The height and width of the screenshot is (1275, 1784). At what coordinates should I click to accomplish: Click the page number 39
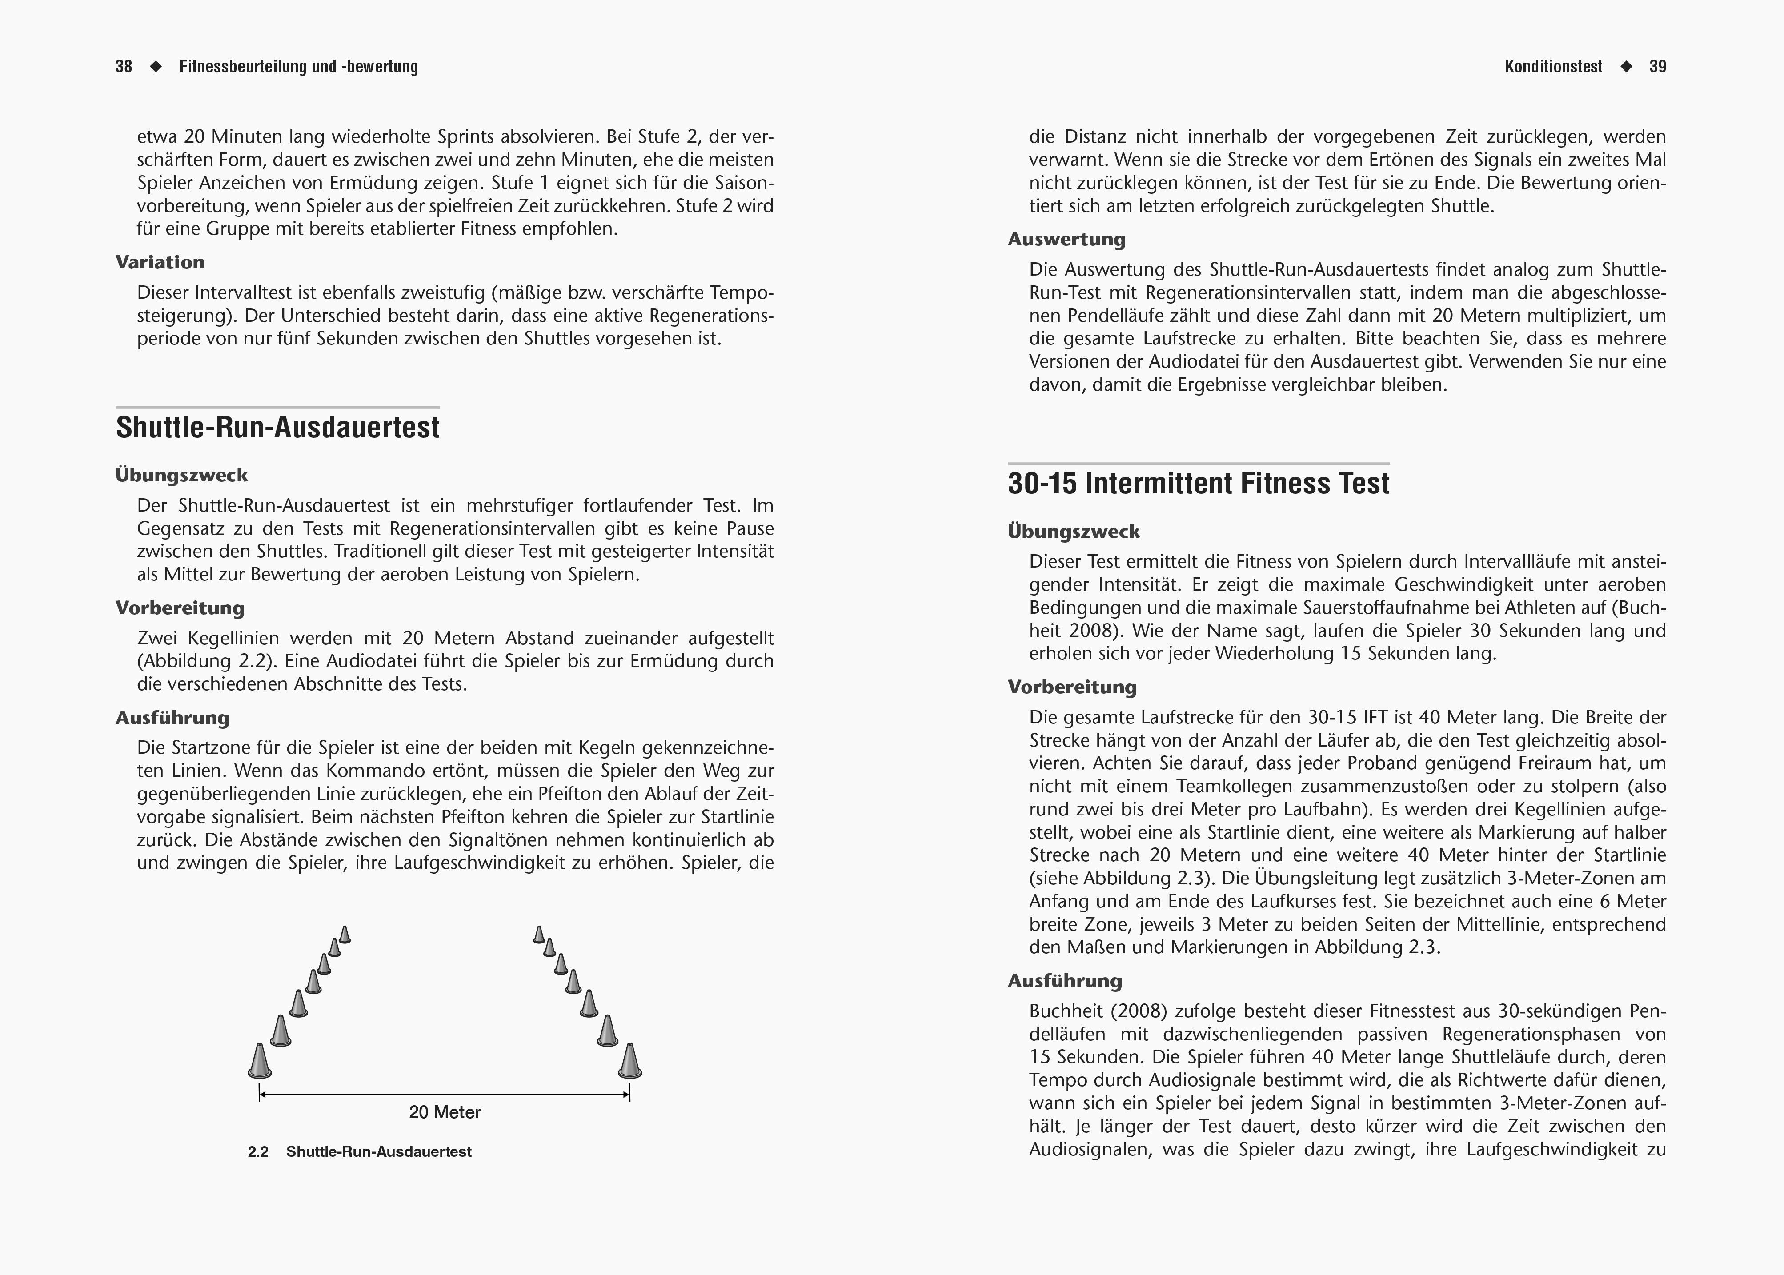point(1658,67)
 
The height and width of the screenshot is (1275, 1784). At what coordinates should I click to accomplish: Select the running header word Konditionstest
point(1553,67)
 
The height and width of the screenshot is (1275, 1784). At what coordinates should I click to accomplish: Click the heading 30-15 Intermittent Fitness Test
point(1198,483)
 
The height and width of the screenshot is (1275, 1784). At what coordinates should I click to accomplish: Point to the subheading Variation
point(160,262)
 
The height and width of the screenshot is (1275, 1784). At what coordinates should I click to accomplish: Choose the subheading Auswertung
point(1066,240)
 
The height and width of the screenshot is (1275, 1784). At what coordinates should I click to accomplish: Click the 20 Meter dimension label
point(445,1112)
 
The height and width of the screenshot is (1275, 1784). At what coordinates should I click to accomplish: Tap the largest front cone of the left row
point(259,1061)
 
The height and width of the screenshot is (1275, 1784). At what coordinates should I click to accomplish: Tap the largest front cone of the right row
point(630,1061)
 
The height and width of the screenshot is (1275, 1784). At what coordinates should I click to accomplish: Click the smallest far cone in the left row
point(345,935)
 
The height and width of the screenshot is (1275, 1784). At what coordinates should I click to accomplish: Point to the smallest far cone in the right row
point(539,935)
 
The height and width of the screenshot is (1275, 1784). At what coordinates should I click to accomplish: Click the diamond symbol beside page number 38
point(156,67)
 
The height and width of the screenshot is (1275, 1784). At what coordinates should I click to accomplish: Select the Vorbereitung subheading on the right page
point(1072,688)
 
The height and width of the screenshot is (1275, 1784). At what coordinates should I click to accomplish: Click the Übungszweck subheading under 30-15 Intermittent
point(1074,532)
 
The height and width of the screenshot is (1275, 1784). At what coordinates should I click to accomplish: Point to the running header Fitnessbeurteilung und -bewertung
point(298,67)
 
